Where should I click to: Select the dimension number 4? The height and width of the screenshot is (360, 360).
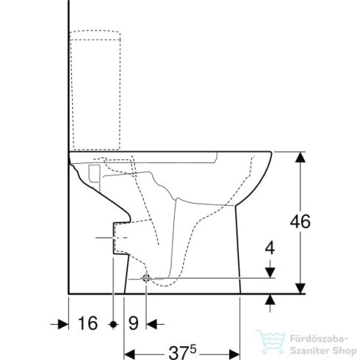pos(270,248)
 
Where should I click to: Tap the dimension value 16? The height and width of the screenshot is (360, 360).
pos(87,323)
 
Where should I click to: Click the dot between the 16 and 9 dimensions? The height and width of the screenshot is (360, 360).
pos(112,323)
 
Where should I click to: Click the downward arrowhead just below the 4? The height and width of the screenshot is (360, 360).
pos(270,273)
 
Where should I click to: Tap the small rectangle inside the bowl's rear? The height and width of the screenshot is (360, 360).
pos(93,173)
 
